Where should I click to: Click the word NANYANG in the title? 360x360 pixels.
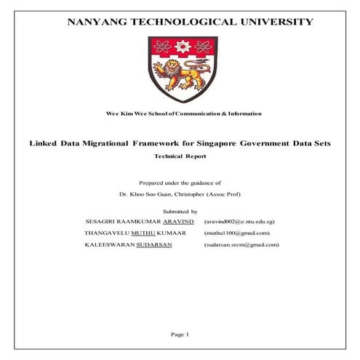click(x=99, y=22)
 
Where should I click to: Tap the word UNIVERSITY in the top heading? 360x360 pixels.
click(x=276, y=22)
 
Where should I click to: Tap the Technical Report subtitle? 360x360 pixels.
click(x=180, y=156)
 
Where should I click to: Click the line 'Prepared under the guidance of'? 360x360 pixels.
click(x=180, y=184)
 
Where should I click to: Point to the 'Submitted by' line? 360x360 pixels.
click(x=179, y=210)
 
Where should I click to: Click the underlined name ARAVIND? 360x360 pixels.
click(x=178, y=221)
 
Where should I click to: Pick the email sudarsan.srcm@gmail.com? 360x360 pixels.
click(x=242, y=245)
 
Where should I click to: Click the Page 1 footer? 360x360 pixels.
click(x=180, y=334)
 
